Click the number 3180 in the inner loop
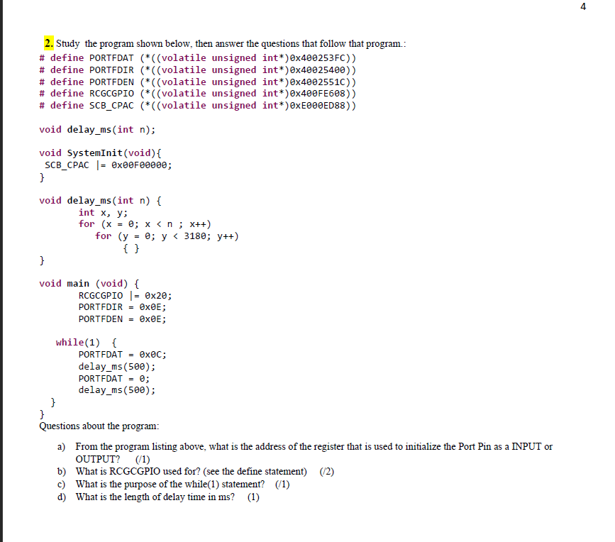pyautogui.click(x=195, y=236)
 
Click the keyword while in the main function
pyautogui.click(x=70, y=343)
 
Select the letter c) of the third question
pyautogui.click(x=62, y=485)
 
